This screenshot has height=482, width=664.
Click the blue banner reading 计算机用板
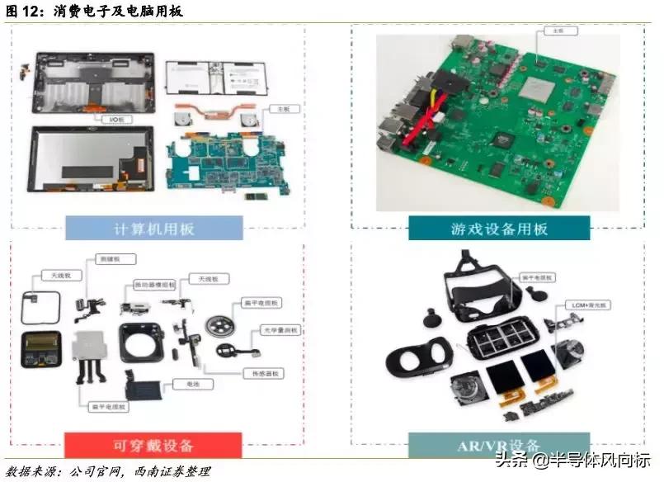154,228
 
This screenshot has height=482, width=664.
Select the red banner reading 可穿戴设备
153,445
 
